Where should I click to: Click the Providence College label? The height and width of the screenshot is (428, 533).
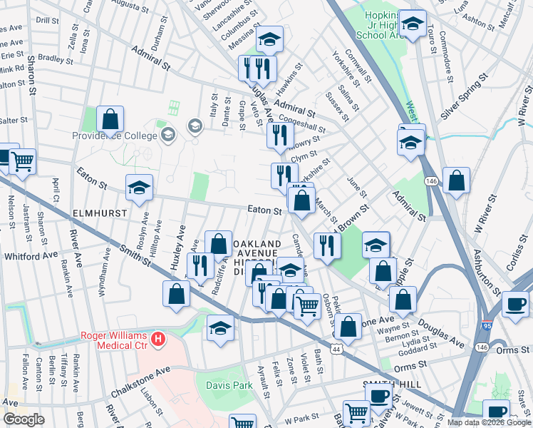115,135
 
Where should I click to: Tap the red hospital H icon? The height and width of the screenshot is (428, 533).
160,336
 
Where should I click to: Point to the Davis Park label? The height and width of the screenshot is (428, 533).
229,385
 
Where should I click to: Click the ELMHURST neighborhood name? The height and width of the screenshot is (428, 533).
99,213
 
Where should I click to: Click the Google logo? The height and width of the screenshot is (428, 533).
24,419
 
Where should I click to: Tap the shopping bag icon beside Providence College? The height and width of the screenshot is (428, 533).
110,121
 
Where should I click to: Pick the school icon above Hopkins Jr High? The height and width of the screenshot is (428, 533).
413,24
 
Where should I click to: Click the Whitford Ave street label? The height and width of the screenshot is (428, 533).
31,255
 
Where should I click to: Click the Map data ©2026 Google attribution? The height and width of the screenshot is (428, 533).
489,422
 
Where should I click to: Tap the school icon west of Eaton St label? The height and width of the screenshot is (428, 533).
139,188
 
